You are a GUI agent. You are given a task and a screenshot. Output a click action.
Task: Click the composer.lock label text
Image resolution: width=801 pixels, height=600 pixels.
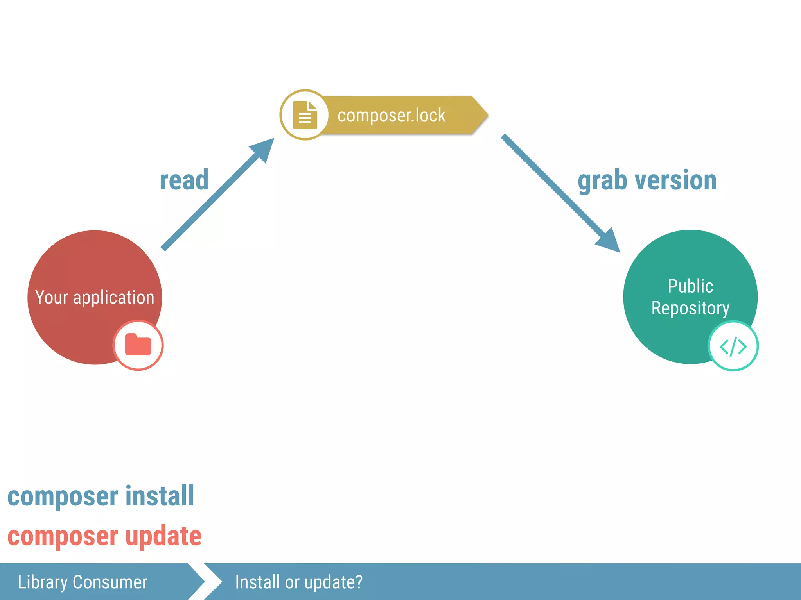(391, 116)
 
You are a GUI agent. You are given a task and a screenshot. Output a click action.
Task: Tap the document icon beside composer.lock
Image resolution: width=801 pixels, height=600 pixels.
(305, 115)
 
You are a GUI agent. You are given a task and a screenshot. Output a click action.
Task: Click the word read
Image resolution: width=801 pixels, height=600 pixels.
(184, 180)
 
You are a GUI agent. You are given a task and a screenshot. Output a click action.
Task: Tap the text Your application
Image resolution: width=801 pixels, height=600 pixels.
(95, 298)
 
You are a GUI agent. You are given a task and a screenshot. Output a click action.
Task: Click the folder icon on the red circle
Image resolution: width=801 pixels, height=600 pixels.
(138, 345)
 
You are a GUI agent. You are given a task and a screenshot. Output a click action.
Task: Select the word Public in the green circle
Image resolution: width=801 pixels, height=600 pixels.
(690, 286)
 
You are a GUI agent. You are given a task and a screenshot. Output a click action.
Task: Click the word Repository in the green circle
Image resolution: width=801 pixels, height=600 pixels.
(690, 308)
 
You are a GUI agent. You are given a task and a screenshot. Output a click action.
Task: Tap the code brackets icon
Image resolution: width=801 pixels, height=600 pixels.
(733, 346)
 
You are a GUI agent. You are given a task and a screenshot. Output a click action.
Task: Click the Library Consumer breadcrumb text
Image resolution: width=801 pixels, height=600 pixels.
(83, 582)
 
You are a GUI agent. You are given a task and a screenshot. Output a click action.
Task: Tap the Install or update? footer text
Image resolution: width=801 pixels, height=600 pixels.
(299, 582)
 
